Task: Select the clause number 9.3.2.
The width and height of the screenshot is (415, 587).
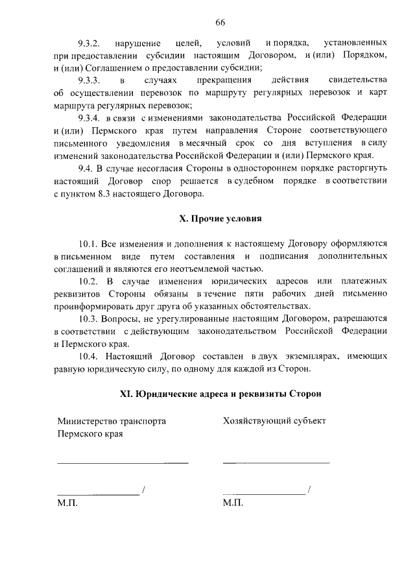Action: pyautogui.click(x=88, y=43)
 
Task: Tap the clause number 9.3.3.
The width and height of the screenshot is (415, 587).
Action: pyautogui.click(x=88, y=80)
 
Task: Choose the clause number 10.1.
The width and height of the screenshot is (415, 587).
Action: pyautogui.click(x=88, y=244)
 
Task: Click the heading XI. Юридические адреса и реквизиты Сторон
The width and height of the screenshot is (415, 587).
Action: pyautogui.click(x=220, y=394)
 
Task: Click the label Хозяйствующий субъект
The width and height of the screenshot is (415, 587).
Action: pyautogui.click(x=274, y=421)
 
